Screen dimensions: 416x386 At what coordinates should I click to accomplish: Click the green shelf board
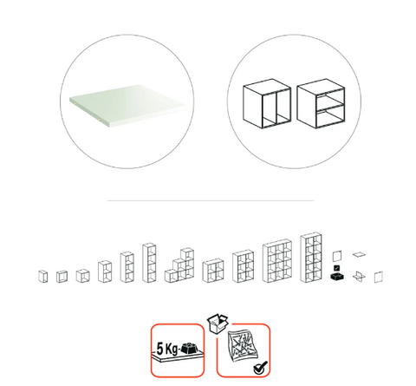coord(128,105)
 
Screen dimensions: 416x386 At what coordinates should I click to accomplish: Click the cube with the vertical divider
coord(267,103)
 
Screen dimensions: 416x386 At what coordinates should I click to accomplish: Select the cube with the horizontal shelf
coord(321,103)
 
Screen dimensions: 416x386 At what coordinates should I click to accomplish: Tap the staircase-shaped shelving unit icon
coord(179,265)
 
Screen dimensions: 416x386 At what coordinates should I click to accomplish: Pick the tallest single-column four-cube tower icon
coord(149,263)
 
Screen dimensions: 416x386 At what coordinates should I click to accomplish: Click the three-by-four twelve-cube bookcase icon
coord(277,260)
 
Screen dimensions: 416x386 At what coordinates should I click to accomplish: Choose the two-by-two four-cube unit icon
coord(213,271)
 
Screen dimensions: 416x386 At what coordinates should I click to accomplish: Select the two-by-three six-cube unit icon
coord(243,266)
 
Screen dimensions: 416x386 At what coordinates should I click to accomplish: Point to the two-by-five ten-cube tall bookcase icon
coord(311,257)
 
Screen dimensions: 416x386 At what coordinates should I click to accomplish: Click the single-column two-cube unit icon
coord(105,272)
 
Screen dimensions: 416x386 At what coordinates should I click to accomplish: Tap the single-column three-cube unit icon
coord(127,267)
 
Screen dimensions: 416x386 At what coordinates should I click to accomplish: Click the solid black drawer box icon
coord(337,277)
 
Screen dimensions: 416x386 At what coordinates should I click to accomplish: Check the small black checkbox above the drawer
coord(336,268)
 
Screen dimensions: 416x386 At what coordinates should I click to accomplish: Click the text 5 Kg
coord(167,349)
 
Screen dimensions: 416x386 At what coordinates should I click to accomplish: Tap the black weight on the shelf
coord(190,348)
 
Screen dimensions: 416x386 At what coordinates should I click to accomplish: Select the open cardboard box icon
coord(218,324)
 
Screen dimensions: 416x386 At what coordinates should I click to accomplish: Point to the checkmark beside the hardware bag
coord(260,367)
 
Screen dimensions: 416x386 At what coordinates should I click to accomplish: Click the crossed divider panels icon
coord(359,277)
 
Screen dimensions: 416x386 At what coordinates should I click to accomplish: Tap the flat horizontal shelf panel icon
coord(359,255)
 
